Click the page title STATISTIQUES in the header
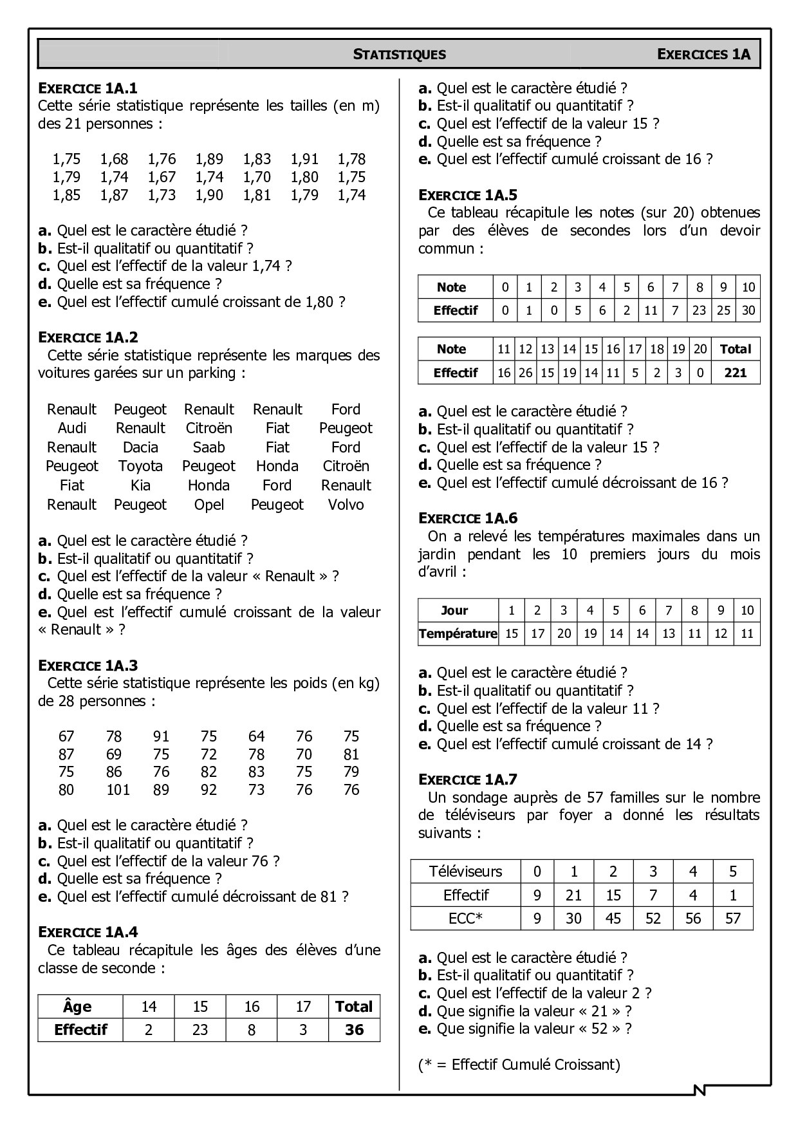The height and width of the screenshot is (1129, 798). [399, 54]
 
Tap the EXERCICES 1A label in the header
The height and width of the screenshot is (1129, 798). [703, 54]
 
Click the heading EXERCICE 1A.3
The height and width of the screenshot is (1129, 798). [88, 666]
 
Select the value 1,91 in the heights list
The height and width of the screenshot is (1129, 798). [304, 159]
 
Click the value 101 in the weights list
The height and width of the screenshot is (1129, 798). [118, 790]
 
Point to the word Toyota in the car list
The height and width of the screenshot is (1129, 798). [140, 466]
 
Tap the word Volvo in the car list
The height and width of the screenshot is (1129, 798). [346, 505]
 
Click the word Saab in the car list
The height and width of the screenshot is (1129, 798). [209, 447]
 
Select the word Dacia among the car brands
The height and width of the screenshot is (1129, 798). [140, 447]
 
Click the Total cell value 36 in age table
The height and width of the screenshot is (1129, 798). [354, 1030]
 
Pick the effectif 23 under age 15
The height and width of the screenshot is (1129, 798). [200, 1030]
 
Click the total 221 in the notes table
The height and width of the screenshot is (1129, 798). [735, 373]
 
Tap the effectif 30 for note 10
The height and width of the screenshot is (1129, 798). [748, 310]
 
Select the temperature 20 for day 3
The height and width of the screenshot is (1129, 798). [564, 633]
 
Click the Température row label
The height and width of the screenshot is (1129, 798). [458, 633]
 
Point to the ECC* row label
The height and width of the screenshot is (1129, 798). [465, 919]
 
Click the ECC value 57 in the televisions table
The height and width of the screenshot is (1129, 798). [732, 919]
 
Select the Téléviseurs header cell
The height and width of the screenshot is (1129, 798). [465, 872]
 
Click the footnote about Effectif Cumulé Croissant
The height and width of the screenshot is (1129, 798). [519, 1065]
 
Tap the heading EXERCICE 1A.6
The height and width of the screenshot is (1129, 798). [467, 518]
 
